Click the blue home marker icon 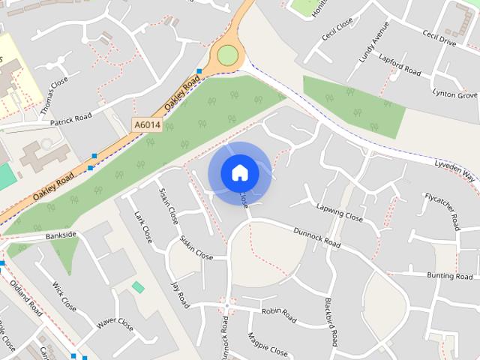pyautogui.click(x=240, y=173)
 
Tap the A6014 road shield pyautogui.click(x=147, y=125)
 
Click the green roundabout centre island pyautogui.click(x=227, y=55)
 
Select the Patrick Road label pyautogui.click(x=70, y=119)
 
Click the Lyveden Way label pyautogui.click(x=454, y=169)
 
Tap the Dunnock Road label pyautogui.click(x=316, y=238)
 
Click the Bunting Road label pyautogui.click(x=449, y=276)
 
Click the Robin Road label pyautogui.click(x=280, y=310)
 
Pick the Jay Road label pyautogui.click(x=180, y=295)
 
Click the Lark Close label pyautogui.click(x=142, y=227)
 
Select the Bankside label pyautogui.click(x=61, y=235)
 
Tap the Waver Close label pyautogui.click(x=115, y=325)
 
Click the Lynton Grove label pyautogui.click(x=454, y=94)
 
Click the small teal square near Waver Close pyautogui.click(x=138, y=287)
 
